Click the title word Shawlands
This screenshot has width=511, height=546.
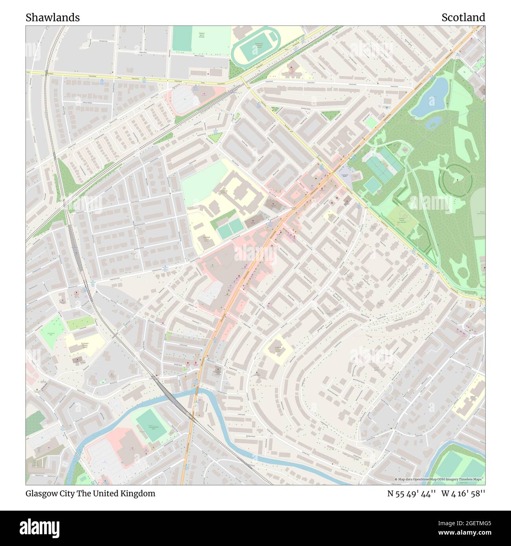(x=53, y=18)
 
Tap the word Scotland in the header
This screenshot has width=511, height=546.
(x=463, y=18)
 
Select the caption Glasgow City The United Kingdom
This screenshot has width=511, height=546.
(x=90, y=493)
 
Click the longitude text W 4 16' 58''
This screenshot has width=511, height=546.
(x=463, y=493)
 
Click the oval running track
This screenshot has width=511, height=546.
(x=256, y=49)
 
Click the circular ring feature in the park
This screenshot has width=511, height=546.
(x=458, y=181)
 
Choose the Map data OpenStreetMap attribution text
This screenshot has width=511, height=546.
(x=439, y=480)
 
